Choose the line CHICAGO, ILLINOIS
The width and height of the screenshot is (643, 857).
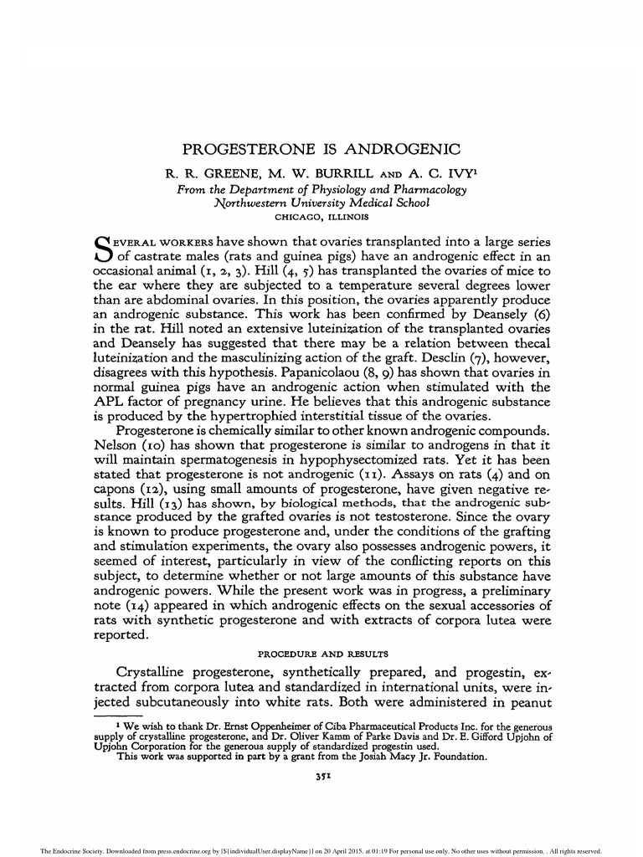pyautogui.click(x=321, y=217)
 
